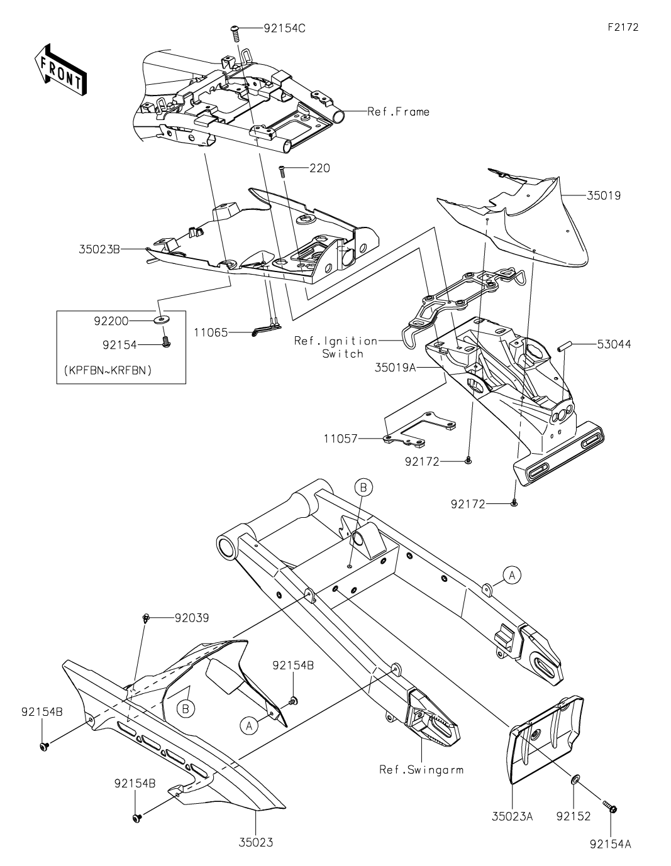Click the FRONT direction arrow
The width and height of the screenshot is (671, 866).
tap(60, 70)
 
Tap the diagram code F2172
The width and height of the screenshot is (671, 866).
tap(623, 28)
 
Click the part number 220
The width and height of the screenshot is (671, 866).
tap(319, 168)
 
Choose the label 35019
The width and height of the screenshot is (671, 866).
tap(604, 195)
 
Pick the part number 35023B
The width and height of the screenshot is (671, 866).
tap(99, 249)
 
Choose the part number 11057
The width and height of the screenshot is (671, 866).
tap(341, 439)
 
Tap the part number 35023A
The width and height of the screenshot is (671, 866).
tap(513, 816)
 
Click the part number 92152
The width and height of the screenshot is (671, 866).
tap(573, 816)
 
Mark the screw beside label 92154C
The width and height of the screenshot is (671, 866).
tap(236, 31)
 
